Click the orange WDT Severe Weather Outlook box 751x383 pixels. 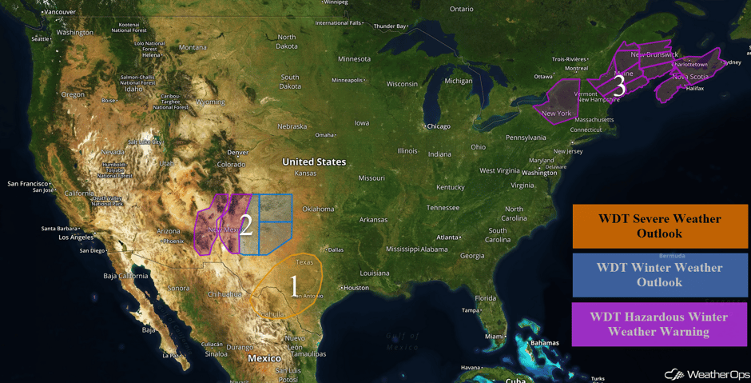(659, 226)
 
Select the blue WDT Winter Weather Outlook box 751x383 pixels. (659, 275)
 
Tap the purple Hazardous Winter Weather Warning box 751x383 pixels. (659, 324)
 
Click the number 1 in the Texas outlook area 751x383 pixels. (294, 285)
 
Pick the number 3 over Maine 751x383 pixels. (618, 86)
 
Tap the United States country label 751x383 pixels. (314, 162)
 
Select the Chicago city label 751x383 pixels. (438, 126)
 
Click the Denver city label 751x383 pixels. (237, 152)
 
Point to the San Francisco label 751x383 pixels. (29, 184)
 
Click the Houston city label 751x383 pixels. (356, 288)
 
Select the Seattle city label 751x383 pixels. (40, 38)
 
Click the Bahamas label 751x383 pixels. (544, 343)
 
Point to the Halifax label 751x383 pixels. (694, 88)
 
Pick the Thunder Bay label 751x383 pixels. (390, 26)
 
